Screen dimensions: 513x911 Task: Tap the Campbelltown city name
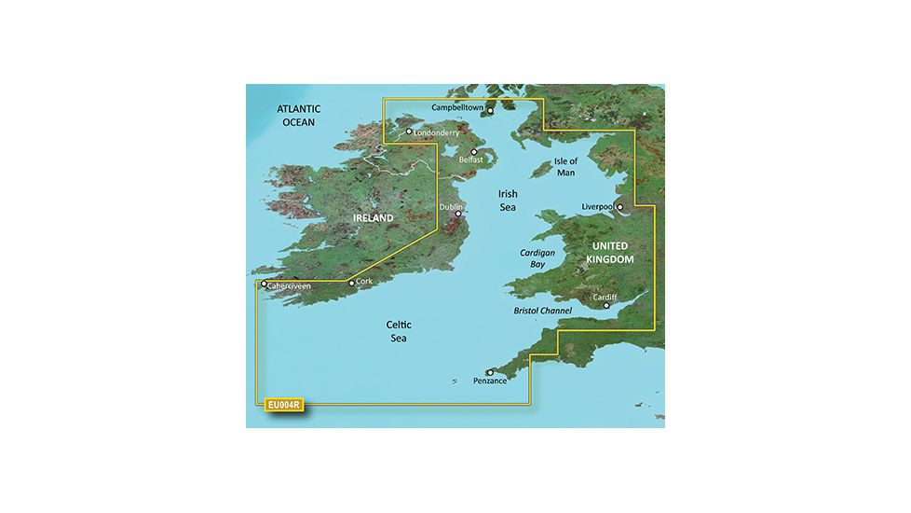458,107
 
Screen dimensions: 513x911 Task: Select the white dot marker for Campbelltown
491,111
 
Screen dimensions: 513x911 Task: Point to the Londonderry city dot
408,132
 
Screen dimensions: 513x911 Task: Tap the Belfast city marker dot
474,150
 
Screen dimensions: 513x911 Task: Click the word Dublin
451,208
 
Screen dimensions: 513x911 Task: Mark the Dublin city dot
457,215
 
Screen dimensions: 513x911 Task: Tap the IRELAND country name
373,218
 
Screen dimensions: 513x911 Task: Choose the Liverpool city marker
619,208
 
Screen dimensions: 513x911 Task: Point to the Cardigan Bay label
536,258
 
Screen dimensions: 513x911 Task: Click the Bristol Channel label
550,310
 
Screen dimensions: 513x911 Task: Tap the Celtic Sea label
399,332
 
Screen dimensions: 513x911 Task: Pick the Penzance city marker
490,373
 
